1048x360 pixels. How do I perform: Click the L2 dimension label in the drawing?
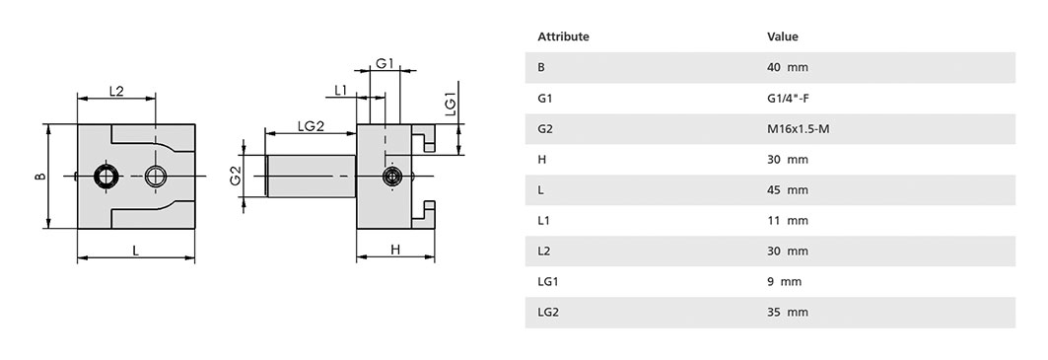[116, 91]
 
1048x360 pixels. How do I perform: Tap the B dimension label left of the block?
[40, 177]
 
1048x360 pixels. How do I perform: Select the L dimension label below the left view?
[136, 251]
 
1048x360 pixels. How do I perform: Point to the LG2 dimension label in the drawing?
[311, 126]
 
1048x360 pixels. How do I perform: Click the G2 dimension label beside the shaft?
[235, 177]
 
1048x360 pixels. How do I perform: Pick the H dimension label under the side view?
[395, 250]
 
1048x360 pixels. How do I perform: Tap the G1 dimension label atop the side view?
[384, 63]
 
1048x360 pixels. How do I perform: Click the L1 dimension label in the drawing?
[341, 91]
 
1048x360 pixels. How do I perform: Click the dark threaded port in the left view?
[105, 176]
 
